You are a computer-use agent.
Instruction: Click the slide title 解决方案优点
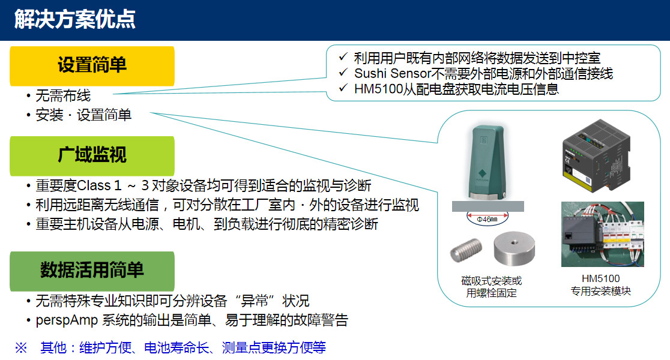point(75,20)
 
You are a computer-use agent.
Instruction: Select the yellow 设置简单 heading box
point(92,66)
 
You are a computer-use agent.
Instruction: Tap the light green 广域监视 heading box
point(92,155)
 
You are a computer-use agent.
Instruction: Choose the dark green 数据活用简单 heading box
point(92,271)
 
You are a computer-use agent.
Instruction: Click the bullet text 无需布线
point(63,95)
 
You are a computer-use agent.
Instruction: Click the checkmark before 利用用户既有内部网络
point(343,56)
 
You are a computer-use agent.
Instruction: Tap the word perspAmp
point(67,320)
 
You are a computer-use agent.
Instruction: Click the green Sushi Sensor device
point(487,162)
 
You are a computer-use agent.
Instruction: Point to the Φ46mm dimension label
point(487,219)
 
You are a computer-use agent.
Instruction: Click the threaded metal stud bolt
point(466,250)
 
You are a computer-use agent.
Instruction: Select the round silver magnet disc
point(514,248)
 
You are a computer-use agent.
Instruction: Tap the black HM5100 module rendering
point(597,155)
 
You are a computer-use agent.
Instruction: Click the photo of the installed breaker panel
point(603,234)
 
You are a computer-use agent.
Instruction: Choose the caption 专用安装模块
point(601,291)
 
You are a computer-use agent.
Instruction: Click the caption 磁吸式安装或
point(491,281)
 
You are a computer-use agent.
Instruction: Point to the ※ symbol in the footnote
point(21,347)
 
